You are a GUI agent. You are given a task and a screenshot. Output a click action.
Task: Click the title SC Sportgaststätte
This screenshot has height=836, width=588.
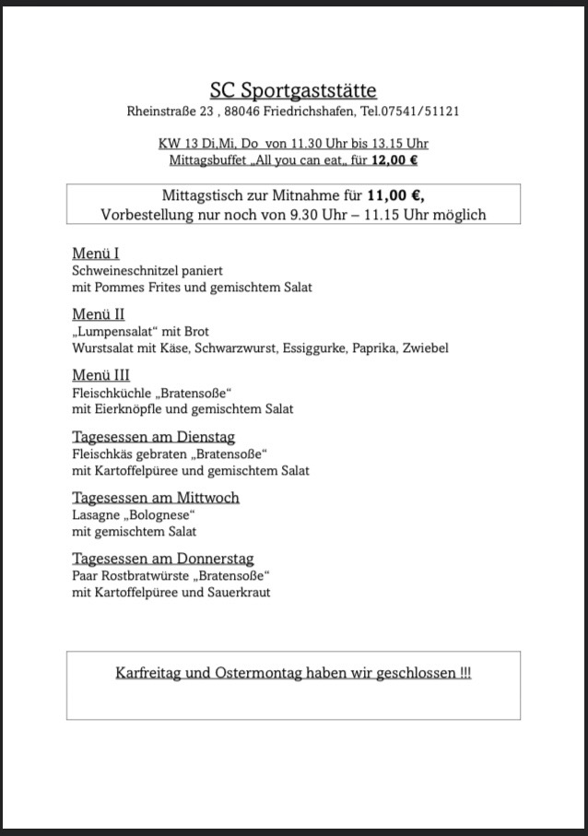[x=293, y=90]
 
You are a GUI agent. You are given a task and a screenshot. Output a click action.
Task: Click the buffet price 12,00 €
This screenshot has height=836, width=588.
[x=394, y=160]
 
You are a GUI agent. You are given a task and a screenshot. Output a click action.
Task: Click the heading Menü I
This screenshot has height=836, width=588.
[x=96, y=253]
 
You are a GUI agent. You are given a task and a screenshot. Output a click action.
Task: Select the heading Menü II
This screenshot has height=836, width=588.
[x=98, y=314]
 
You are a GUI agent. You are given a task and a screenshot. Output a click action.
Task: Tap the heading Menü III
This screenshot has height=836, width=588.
[x=100, y=375]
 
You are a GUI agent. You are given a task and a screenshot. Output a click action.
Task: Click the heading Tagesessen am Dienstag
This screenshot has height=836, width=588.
[x=153, y=437]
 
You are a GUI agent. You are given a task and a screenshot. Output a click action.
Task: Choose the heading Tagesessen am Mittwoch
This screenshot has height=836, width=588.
[x=155, y=498]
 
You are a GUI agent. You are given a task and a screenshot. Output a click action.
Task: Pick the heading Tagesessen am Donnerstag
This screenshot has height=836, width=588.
[x=162, y=559]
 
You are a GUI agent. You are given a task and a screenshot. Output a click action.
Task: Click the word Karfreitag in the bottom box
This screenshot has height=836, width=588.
[x=147, y=673]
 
